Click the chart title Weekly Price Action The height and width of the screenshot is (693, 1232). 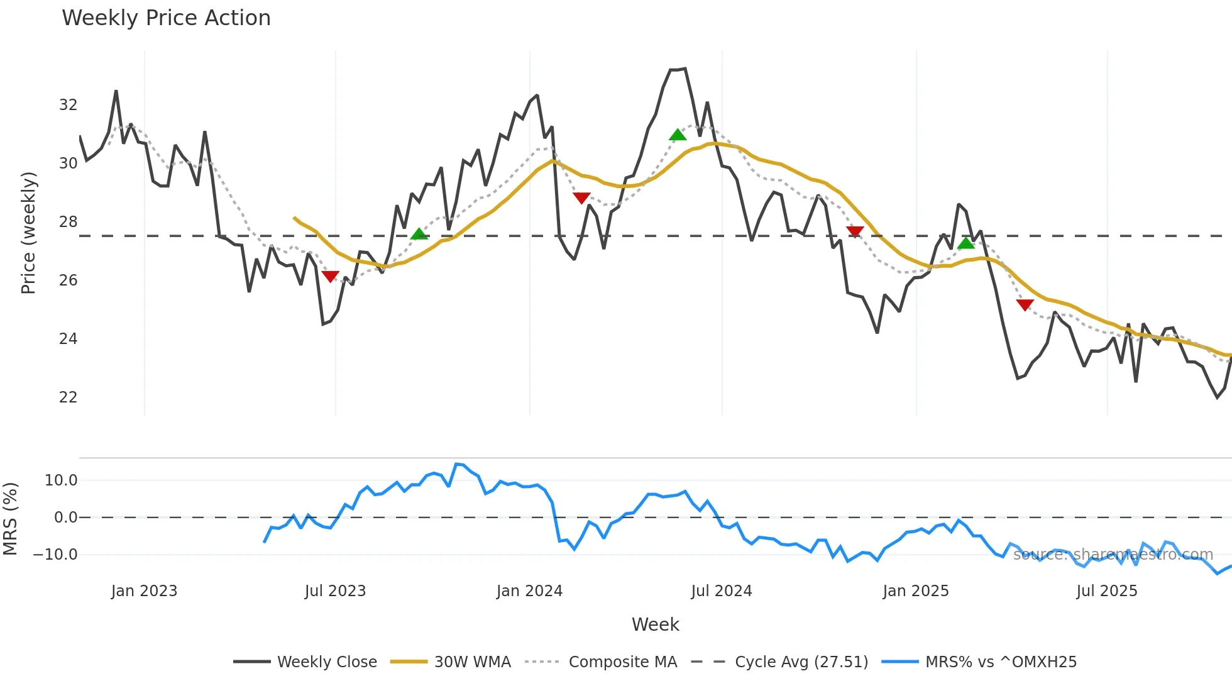coord(166,18)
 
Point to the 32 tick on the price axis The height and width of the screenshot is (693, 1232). coord(68,105)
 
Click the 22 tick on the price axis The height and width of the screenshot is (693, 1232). coord(68,397)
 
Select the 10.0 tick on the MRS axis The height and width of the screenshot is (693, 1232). coord(61,480)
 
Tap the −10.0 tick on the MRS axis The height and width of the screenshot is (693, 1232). coord(55,555)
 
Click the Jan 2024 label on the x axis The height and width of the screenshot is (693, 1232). coord(529,591)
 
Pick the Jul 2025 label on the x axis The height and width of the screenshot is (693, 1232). coord(1106,591)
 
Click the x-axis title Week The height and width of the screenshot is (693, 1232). coord(655,624)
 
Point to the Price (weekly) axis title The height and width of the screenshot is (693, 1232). coord(28,233)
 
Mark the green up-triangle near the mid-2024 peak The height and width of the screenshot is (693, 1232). coord(677,135)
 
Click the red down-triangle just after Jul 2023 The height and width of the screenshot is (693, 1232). coord(330,276)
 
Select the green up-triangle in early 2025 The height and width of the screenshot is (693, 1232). coord(966,243)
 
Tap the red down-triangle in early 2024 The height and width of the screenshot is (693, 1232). coord(581,198)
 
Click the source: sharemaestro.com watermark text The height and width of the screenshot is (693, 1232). coord(1113,555)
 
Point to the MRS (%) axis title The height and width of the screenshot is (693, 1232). coord(10,519)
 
